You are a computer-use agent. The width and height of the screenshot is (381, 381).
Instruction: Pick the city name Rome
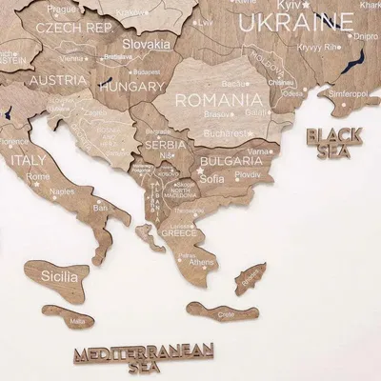point(39,176)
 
